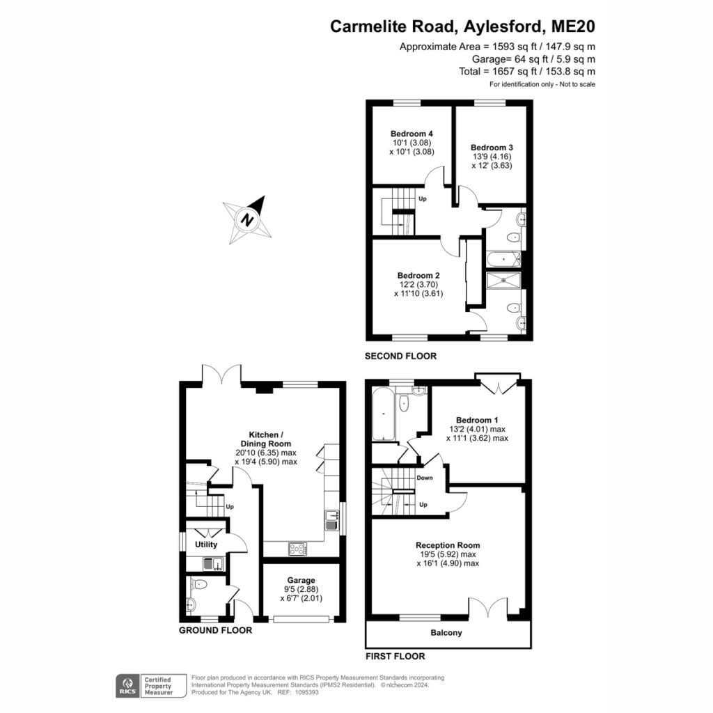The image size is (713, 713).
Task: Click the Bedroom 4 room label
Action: tap(412, 134)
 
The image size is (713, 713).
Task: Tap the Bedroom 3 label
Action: tap(492, 148)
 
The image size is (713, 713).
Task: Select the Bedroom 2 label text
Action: tap(418, 276)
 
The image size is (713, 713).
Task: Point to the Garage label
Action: tap(301, 580)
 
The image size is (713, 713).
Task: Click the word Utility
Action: tap(206, 544)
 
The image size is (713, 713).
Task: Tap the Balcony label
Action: tap(446, 632)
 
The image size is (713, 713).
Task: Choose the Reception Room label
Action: tap(448, 545)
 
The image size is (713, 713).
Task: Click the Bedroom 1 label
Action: tap(473, 420)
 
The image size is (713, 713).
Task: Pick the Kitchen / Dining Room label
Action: tap(265, 439)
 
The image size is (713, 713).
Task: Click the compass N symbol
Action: tap(247, 219)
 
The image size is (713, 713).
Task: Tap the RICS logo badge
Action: tap(128, 686)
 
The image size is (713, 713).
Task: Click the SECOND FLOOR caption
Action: tap(400, 356)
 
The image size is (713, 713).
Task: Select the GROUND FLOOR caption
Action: tap(215, 630)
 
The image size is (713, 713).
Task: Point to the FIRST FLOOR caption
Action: tap(395, 656)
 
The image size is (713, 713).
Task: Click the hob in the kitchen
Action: tap(297, 549)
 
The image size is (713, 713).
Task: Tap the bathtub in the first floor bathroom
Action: tap(384, 414)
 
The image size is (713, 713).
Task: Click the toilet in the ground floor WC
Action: tap(198, 583)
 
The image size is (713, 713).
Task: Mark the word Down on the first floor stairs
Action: tap(425, 478)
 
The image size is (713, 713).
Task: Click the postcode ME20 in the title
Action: tap(573, 26)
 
